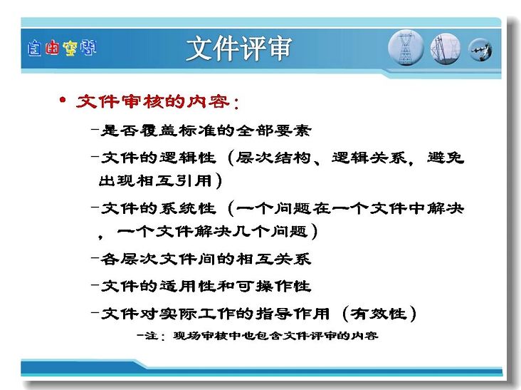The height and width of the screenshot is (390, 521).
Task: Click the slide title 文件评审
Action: pyautogui.click(x=239, y=48)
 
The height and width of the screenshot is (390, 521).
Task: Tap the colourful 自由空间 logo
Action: pyautogui.click(x=62, y=48)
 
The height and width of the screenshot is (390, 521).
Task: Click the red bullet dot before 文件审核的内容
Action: pyautogui.click(x=63, y=100)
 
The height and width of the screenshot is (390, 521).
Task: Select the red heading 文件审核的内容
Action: pyautogui.click(x=153, y=102)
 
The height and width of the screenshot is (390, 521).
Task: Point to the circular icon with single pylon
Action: pyautogui.click(x=406, y=48)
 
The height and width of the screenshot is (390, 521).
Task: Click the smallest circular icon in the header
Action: pyautogui.click(x=480, y=50)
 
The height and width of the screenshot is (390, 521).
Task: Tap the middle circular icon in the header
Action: pyautogui.click(x=446, y=49)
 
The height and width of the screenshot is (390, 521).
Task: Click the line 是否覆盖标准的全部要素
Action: pyautogui.click(x=206, y=130)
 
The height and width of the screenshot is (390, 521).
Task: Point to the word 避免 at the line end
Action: pyautogui.click(x=446, y=158)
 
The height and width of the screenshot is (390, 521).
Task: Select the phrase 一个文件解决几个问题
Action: pyautogui.click(x=211, y=231)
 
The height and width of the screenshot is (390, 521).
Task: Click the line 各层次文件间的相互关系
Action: pyautogui.click(x=206, y=259)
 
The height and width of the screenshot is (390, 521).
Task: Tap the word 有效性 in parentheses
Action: pyautogui.click(x=379, y=314)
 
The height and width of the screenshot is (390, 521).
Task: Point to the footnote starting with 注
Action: pyautogui.click(x=258, y=336)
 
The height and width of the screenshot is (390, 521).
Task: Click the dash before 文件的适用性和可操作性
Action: pyautogui.click(x=95, y=284)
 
